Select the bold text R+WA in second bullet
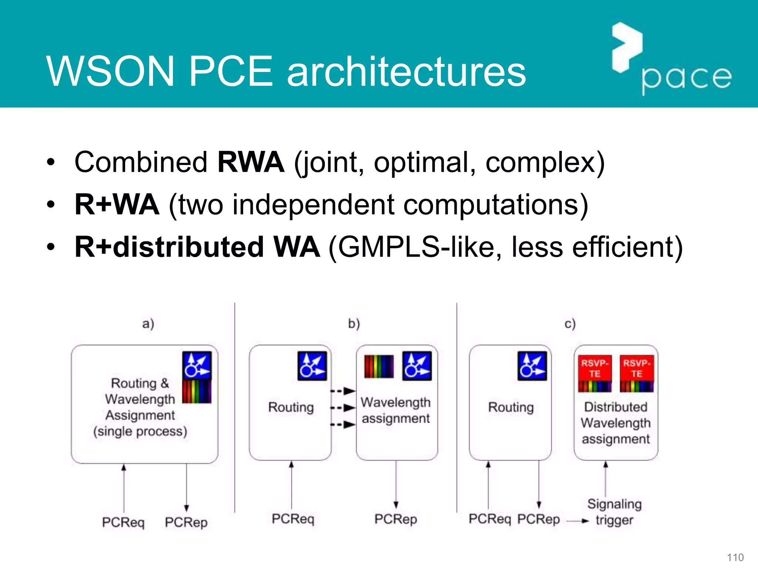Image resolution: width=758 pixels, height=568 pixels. point(117,204)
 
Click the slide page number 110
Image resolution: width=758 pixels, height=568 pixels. point(735,557)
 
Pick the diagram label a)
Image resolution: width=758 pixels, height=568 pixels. point(148,324)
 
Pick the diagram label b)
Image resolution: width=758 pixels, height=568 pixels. point(354,324)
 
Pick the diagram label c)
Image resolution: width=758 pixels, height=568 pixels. point(570,324)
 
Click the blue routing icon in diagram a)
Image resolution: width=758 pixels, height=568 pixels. point(197,365)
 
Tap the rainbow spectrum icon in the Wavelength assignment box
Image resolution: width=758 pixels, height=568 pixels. point(379,366)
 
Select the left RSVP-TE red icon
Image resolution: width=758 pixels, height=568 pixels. point(595,373)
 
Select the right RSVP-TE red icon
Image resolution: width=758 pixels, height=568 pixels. point(637,373)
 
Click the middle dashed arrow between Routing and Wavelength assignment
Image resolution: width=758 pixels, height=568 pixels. point(343,408)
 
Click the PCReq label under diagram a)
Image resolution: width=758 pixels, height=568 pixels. point(123,522)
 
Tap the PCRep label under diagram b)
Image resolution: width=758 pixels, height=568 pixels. point(396,519)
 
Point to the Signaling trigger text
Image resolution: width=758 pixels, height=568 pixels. point(614,512)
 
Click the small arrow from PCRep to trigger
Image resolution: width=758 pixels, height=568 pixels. point(577,521)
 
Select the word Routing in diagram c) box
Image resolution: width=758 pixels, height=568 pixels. point(511,407)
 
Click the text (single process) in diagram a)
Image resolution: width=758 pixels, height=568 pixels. point(140,432)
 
